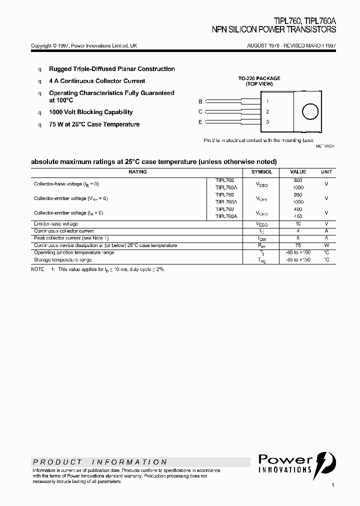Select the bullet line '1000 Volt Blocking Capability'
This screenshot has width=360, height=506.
point(90,112)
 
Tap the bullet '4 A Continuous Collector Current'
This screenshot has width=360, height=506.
point(97,81)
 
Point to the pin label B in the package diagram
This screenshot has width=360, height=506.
point(200,101)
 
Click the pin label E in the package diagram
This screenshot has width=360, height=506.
point(200,122)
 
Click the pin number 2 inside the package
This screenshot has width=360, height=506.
point(267,112)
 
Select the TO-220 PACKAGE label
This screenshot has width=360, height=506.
point(259,78)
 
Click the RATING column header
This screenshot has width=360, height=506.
point(137,172)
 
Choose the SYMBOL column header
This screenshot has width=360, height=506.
point(261,172)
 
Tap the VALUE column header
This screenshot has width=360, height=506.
point(298,172)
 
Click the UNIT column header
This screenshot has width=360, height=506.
point(326,172)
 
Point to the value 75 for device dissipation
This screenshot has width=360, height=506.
point(298,245)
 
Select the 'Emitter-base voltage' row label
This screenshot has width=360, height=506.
point(56,224)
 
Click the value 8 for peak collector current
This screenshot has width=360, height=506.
point(298,238)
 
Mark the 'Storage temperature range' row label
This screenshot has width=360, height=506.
point(62,260)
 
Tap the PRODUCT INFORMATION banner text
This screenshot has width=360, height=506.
point(100,462)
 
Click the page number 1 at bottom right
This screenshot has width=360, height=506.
point(332,485)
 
